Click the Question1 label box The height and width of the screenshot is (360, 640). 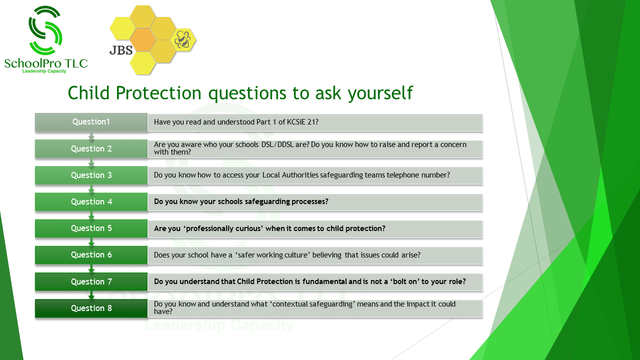click(x=91, y=122)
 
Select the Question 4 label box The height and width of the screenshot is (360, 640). click(x=91, y=201)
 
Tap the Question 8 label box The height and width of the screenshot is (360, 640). click(x=91, y=308)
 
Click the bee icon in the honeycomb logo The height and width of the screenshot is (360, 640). click(x=183, y=39)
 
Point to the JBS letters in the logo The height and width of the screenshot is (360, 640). click(x=121, y=50)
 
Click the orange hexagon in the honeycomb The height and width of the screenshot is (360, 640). click(x=142, y=39)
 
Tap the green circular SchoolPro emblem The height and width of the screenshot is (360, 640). click(x=45, y=30)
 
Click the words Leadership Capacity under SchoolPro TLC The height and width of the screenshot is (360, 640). click(x=44, y=71)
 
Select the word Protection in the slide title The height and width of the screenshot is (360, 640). click(x=158, y=93)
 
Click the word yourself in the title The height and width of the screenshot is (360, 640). click(x=380, y=93)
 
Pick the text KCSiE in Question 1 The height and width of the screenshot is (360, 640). click(x=296, y=122)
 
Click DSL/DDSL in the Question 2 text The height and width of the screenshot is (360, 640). click(x=277, y=144)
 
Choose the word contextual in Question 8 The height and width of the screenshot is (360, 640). click(x=288, y=304)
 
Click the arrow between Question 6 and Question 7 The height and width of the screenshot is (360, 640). click(x=91, y=268)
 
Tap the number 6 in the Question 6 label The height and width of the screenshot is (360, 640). click(x=109, y=255)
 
